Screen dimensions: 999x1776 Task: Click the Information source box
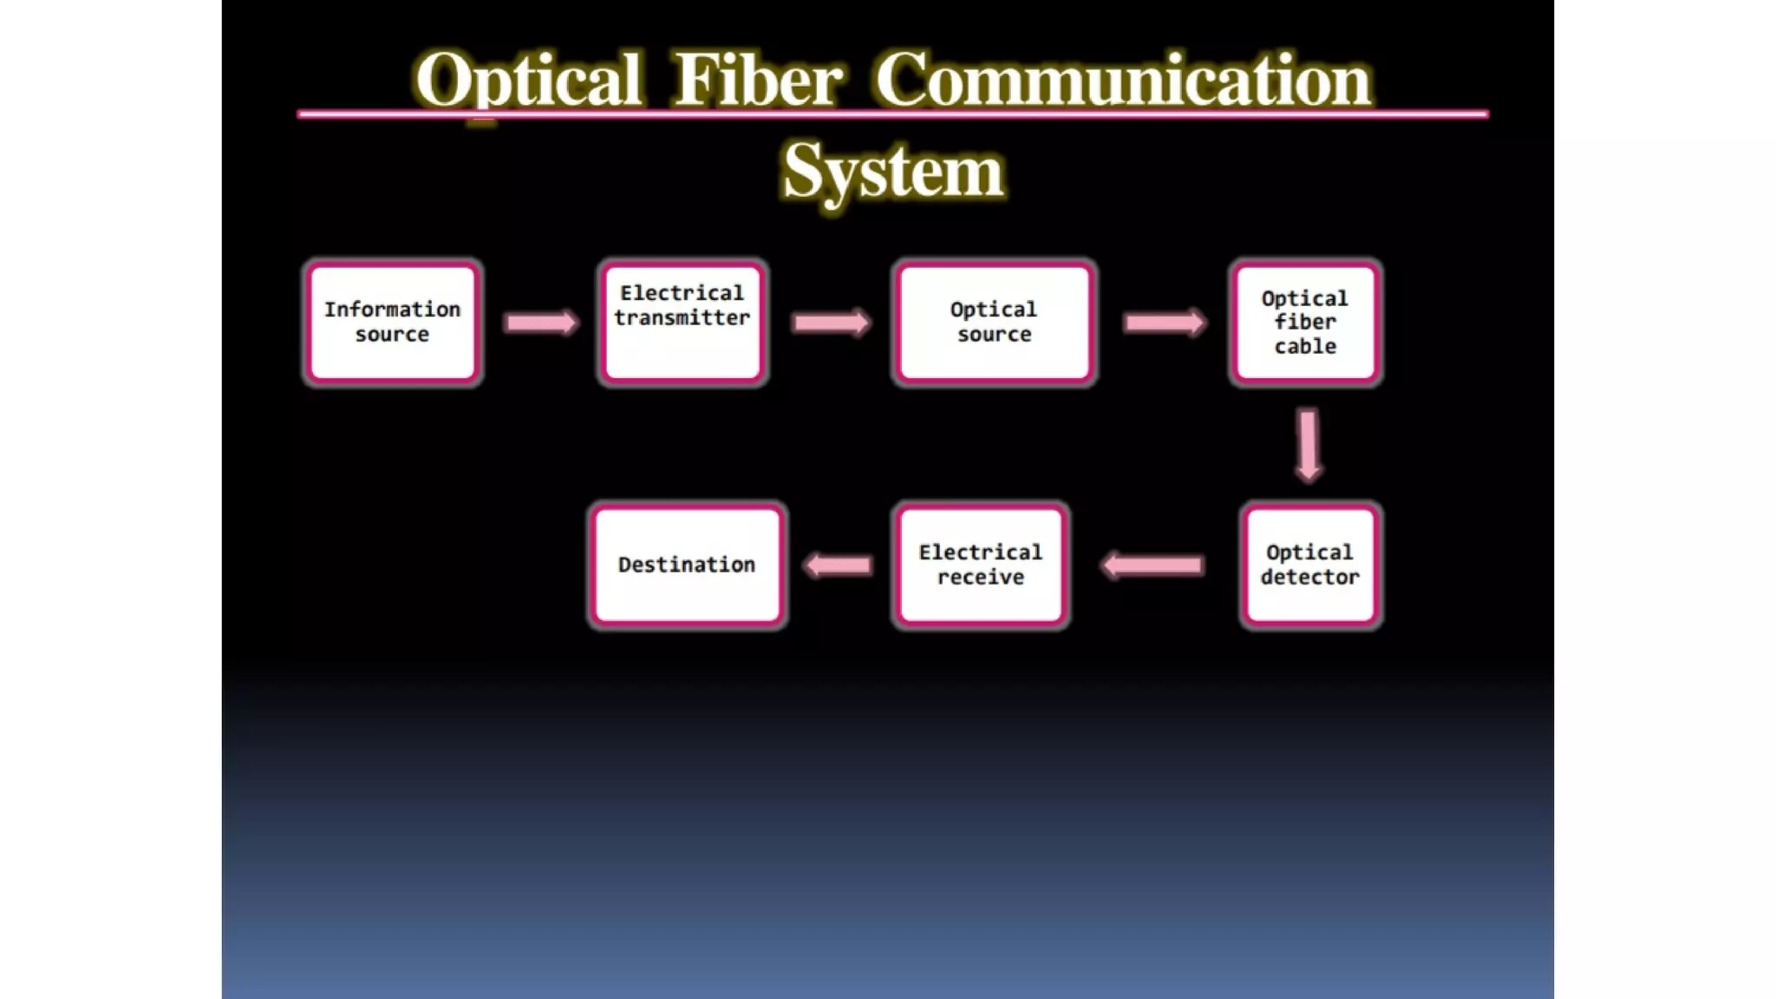[x=393, y=323]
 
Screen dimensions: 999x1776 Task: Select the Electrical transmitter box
[x=682, y=323]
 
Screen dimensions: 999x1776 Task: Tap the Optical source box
[x=994, y=323]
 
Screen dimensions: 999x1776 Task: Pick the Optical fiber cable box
[x=1305, y=323]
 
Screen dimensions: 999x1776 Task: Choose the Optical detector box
[x=1309, y=565]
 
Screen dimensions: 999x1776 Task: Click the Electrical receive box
[x=981, y=565]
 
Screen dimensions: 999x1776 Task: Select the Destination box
[x=687, y=565]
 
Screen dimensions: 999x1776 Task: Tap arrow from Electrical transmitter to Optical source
[x=831, y=323]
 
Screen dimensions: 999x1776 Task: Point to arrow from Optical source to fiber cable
[x=1164, y=323]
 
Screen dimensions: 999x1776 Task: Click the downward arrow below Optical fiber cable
[x=1309, y=445]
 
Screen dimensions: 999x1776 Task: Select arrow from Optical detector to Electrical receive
[x=1152, y=566]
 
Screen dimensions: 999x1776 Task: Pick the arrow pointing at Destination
[x=838, y=566]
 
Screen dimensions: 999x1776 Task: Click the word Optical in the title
[x=528, y=81]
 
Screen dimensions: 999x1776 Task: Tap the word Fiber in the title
[x=757, y=81]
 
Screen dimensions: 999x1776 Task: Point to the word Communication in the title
[x=1122, y=81]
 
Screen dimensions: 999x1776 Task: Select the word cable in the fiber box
[x=1305, y=347]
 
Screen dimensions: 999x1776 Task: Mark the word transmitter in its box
[x=682, y=318]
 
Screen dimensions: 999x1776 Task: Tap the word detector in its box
[x=1309, y=578]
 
